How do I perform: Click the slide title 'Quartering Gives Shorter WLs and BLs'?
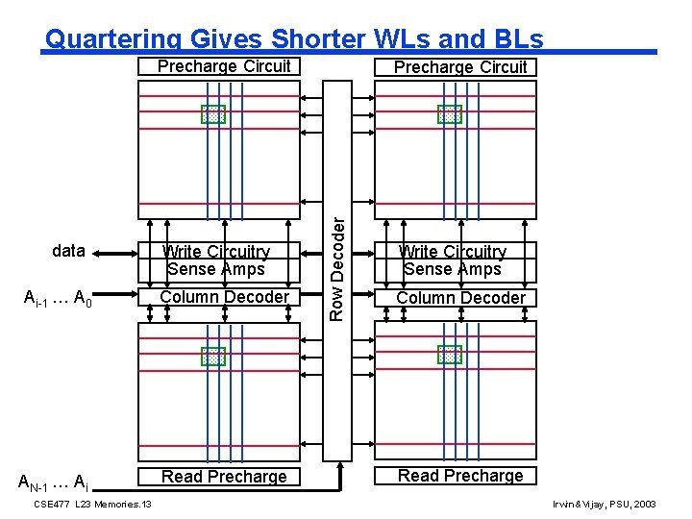[294, 39]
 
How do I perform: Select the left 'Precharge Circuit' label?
[224, 66]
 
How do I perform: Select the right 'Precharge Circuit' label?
[460, 67]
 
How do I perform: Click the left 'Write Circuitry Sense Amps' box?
[216, 260]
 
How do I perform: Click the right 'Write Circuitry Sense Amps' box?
[453, 260]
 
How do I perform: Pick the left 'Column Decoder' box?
[223, 297]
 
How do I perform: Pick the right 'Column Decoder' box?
[460, 298]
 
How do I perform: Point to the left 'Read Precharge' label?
[224, 477]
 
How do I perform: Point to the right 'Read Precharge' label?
[460, 476]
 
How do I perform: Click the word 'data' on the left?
[68, 252]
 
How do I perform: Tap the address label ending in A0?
[58, 298]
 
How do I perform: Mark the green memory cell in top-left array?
[212, 114]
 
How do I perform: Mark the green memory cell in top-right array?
[450, 114]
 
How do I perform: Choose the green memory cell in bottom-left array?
[212, 357]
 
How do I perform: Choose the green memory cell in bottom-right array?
[450, 356]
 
